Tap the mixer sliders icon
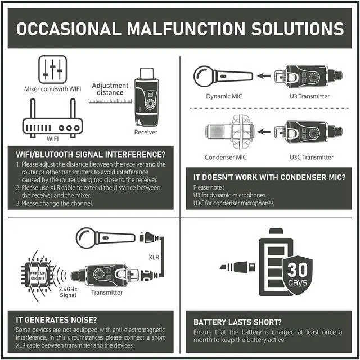tap(53, 69)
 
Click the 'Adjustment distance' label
tap(110, 89)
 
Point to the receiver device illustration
tap(146, 98)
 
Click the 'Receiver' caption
tap(146, 133)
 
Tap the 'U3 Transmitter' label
tap(309, 96)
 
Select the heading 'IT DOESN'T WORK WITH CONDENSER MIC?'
tap(269, 178)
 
